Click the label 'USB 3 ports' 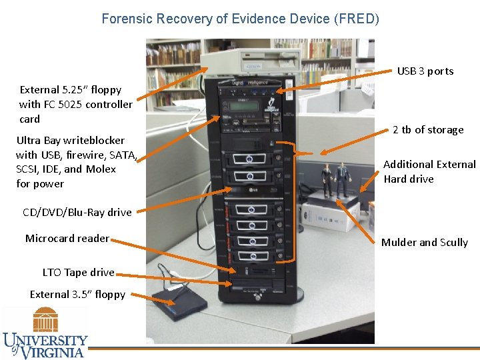tap(425, 71)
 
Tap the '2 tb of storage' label tap(427, 130)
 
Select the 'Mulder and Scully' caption tap(424, 243)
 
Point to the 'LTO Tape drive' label tap(78, 273)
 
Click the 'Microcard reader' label tap(67, 239)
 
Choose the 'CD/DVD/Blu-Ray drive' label tap(77, 213)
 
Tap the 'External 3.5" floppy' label tap(77, 295)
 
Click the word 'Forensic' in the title tap(123, 19)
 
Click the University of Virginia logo tap(45, 333)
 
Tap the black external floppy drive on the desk tap(177, 307)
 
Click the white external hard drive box tap(333, 213)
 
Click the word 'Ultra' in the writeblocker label tap(29, 141)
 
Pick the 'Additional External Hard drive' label tap(429, 171)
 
